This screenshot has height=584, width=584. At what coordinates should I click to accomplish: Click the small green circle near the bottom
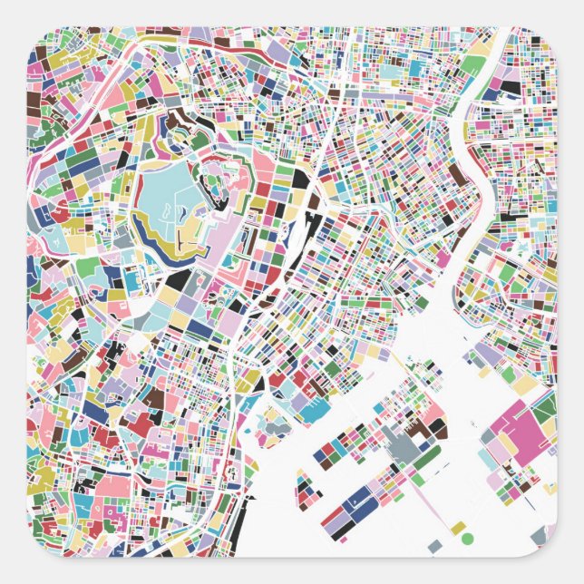(x=467, y=539)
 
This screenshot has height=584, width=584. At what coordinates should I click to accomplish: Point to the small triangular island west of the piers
(x=271, y=422)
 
